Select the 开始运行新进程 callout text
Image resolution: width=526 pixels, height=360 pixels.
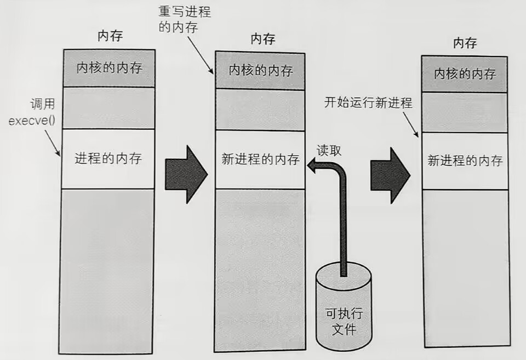368,102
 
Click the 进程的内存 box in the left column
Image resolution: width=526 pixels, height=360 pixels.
108,159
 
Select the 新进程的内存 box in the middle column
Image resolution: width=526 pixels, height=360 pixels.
260,159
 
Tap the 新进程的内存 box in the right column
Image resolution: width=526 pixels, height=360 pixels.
465,161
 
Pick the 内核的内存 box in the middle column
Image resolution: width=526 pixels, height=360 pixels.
260,70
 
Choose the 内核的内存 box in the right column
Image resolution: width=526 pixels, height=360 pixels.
465,74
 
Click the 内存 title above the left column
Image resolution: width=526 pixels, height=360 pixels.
110,37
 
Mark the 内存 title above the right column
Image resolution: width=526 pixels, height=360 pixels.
465,43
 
